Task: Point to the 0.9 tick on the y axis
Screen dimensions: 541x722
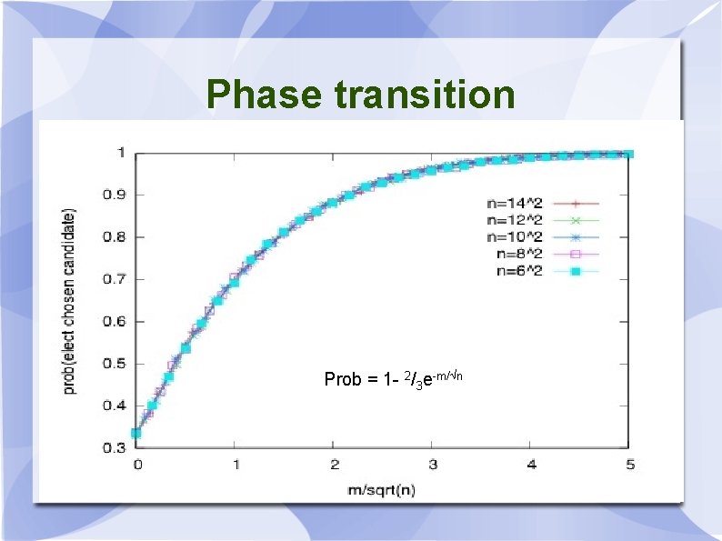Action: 113,195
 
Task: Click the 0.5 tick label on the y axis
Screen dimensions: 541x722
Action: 113,364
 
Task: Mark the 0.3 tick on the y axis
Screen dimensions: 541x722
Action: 113,448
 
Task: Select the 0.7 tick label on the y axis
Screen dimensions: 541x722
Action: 113,279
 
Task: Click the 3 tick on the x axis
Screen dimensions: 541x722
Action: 433,466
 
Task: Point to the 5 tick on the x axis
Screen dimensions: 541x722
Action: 630,466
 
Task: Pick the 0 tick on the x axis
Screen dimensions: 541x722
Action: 137,466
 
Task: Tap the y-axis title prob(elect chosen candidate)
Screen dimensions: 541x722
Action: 70,300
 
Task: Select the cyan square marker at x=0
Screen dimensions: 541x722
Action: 136,433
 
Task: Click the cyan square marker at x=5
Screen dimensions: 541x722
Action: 628,154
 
